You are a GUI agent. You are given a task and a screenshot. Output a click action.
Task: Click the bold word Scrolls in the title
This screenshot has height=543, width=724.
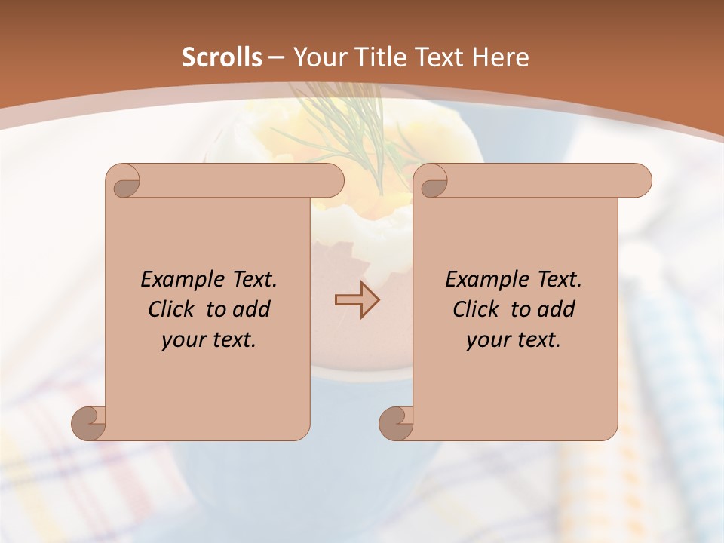[x=222, y=57]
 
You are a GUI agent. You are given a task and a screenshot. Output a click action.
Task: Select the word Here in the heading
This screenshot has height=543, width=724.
[x=500, y=57]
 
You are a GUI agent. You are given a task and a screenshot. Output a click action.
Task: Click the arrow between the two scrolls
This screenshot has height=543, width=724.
[x=357, y=299]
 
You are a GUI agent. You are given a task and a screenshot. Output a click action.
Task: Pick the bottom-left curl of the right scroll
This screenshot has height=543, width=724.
[x=397, y=422]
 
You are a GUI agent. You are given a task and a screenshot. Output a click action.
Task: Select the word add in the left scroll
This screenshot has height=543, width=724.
[x=251, y=309]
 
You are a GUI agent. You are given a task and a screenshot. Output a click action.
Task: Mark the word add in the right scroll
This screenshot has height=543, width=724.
[x=556, y=309]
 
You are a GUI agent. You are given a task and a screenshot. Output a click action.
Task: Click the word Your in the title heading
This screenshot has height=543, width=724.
[x=317, y=57]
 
